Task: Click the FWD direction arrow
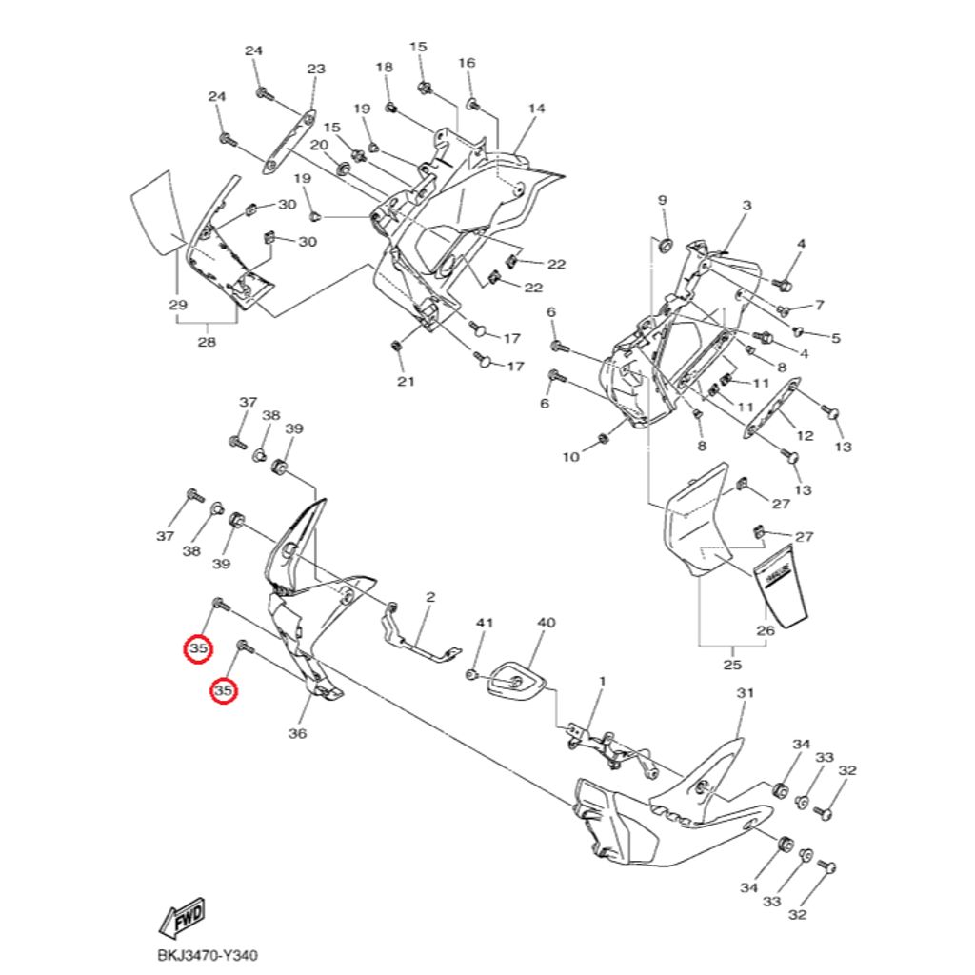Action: point(182,918)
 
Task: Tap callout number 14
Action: point(536,109)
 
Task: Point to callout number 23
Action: point(316,70)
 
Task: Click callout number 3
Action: point(746,206)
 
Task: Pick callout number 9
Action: point(663,200)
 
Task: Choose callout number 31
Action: point(745,693)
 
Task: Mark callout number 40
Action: point(547,623)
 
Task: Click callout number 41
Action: point(486,623)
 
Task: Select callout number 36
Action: point(298,733)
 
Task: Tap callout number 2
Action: point(430,597)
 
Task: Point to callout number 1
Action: point(602,682)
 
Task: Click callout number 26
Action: point(766,629)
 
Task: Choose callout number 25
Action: point(732,665)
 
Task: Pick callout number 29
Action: point(177,305)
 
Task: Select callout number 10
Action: point(570,457)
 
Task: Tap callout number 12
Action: point(806,436)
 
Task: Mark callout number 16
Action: point(467,63)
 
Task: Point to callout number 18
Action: point(384,68)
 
